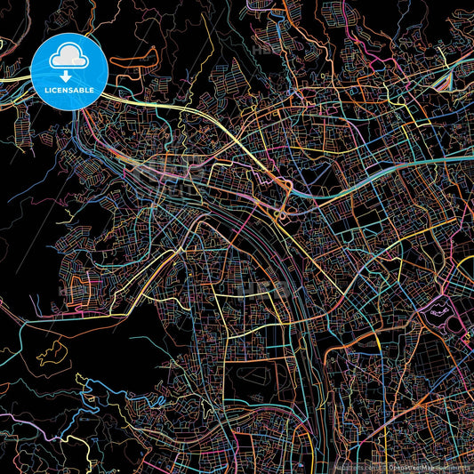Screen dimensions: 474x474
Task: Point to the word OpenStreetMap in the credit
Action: tap(413, 466)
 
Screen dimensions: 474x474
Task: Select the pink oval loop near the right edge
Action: tap(439, 310)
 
